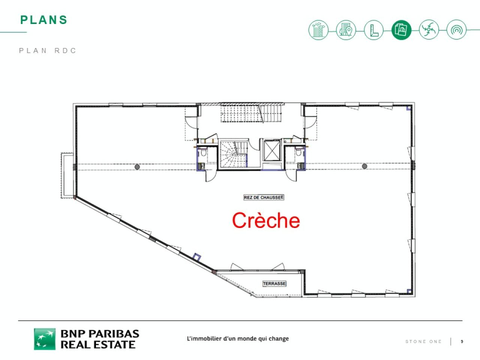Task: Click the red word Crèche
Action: click(266, 220)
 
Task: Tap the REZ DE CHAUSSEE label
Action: click(264, 197)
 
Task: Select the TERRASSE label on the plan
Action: click(274, 283)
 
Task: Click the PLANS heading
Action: click(44, 20)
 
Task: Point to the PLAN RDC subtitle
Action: click(48, 51)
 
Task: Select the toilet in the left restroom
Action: click(203, 153)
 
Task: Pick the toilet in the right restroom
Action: click(299, 153)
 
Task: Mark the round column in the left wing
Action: click(137, 166)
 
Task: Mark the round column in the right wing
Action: click(364, 166)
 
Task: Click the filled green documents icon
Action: click(401, 30)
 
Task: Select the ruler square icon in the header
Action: click(373, 30)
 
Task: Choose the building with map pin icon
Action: click(346, 30)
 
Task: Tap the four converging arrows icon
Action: click(429, 30)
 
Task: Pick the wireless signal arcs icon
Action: click(456, 30)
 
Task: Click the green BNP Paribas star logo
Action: click(45, 339)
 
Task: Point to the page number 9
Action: click(462, 342)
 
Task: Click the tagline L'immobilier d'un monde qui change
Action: click(238, 339)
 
